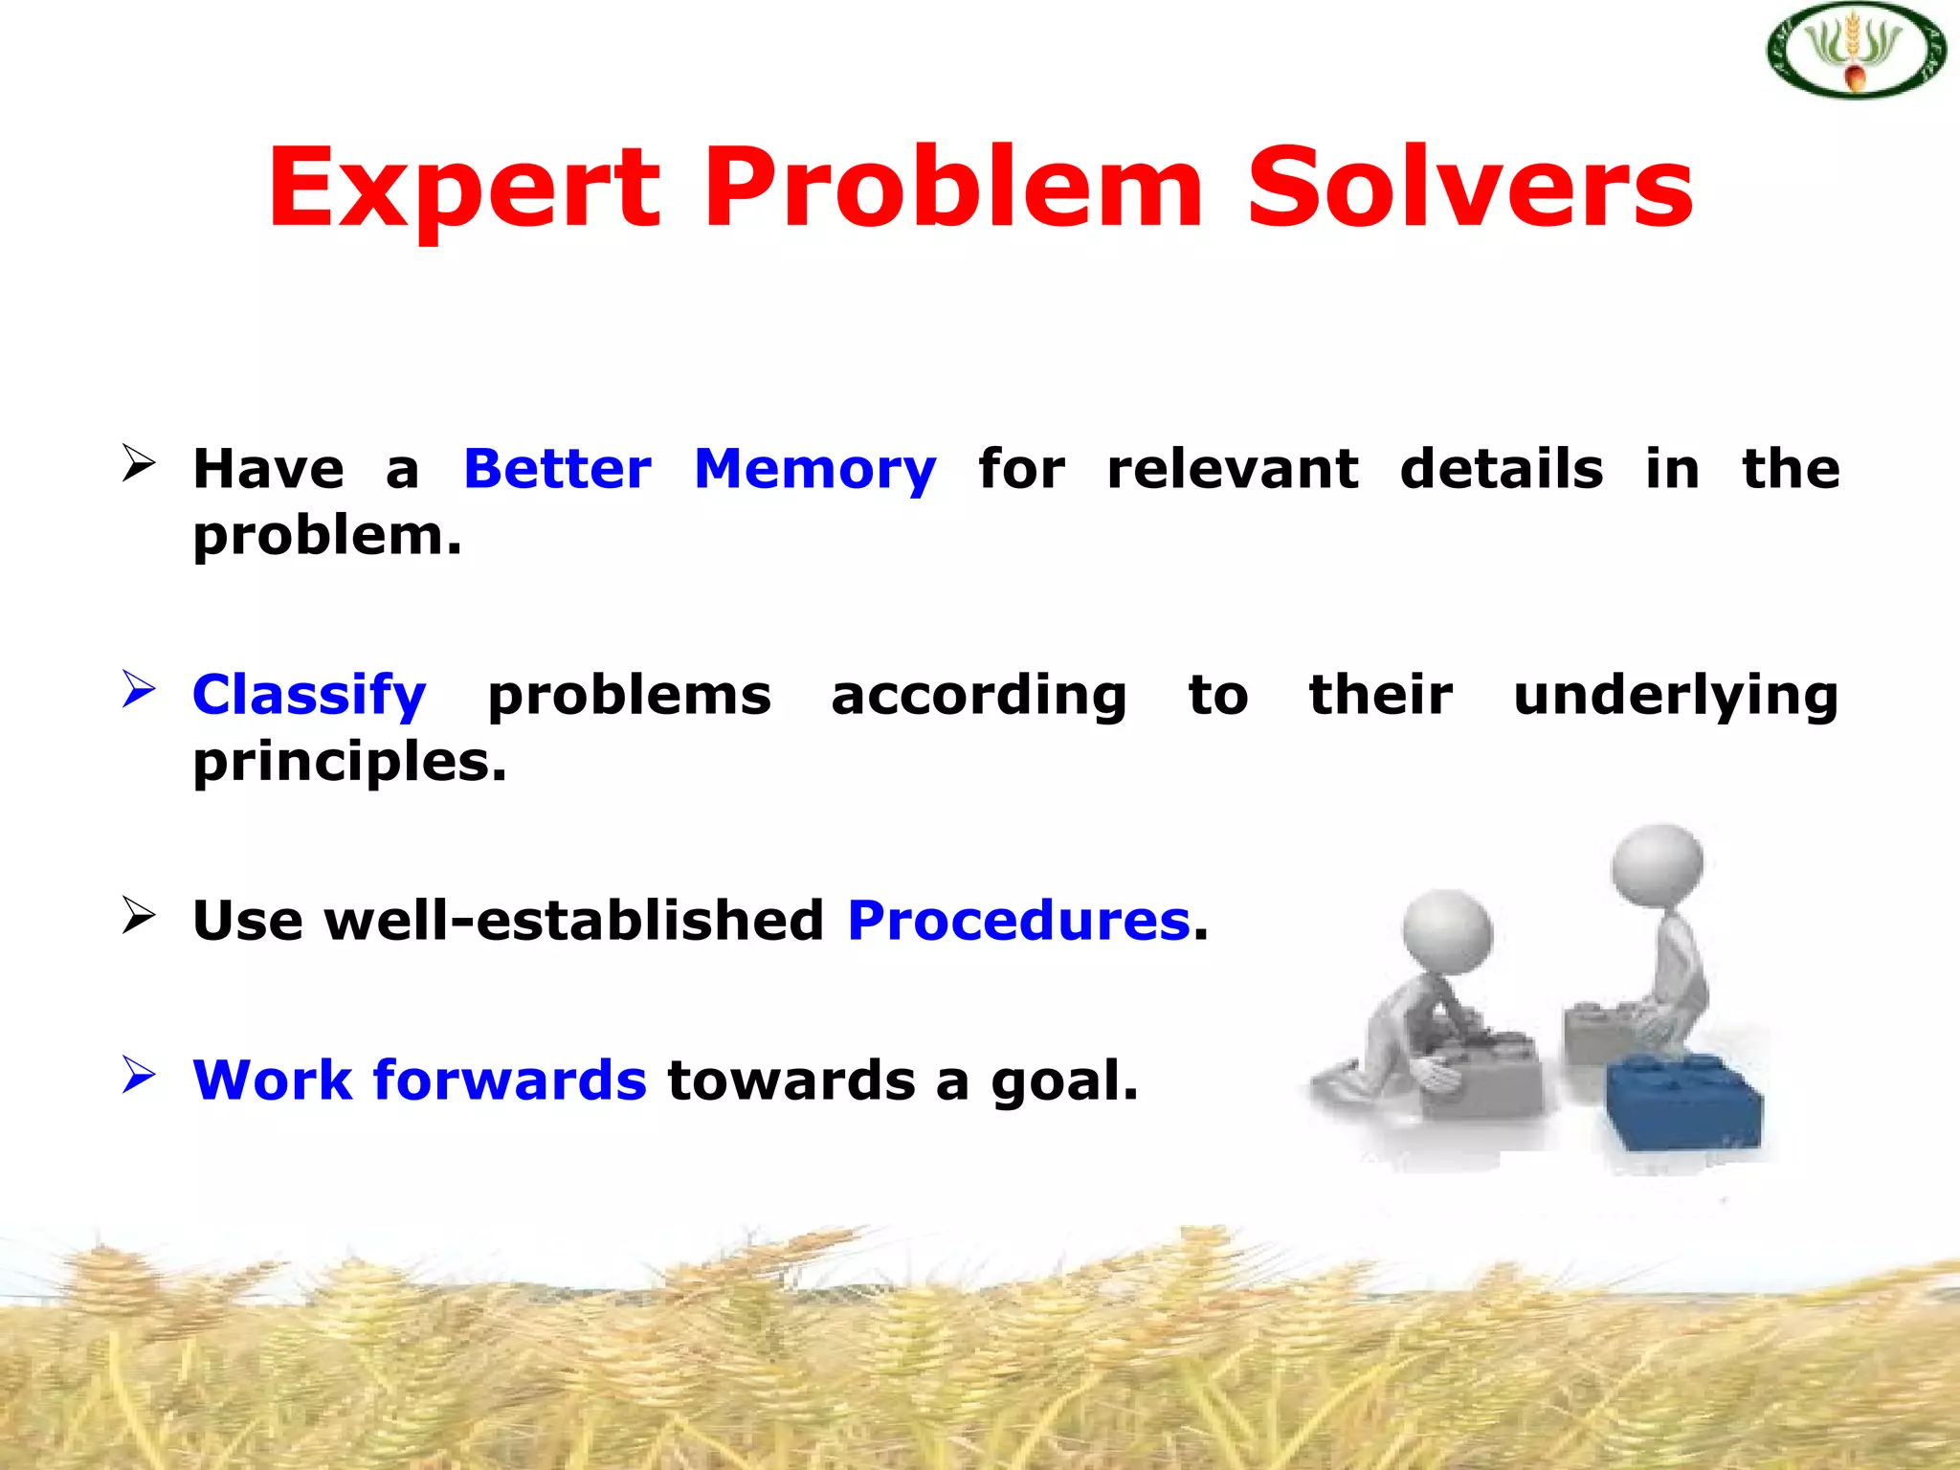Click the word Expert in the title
click(463, 189)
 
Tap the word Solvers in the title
click(1470, 189)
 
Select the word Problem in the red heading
click(953, 189)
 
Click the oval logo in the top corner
click(1855, 51)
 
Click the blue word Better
click(557, 469)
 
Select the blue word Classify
click(308, 696)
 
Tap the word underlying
click(1676, 696)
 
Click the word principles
click(349, 763)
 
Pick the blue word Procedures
click(1019, 921)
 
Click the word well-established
click(574, 921)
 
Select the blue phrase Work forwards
click(419, 1080)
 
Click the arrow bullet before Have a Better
click(139, 463)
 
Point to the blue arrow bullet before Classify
click(139, 689)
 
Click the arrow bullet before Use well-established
click(139, 915)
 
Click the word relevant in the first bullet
click(1232, 469)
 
